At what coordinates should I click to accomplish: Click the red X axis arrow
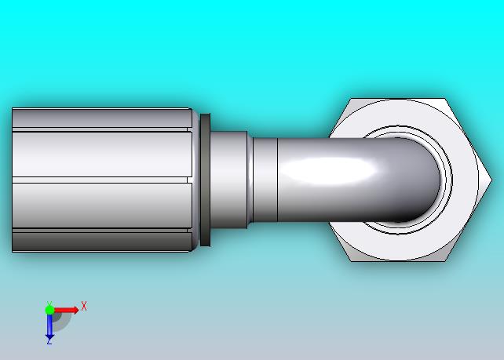[x=66, y=311]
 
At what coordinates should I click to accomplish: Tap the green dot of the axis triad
[x=49, y=310]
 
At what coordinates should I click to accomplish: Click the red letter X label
[x=84, y=306]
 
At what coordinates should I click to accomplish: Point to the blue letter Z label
[x=49, y=342]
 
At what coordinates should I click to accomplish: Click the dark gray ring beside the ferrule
[x=205, y=180]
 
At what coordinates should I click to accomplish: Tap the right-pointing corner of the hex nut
[x=491, y=180]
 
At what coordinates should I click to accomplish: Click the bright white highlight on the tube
[x=328, y=170]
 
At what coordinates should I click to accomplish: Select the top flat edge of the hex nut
[x=397, y=99]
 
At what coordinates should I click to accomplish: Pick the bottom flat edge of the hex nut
[x=398, y=260]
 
